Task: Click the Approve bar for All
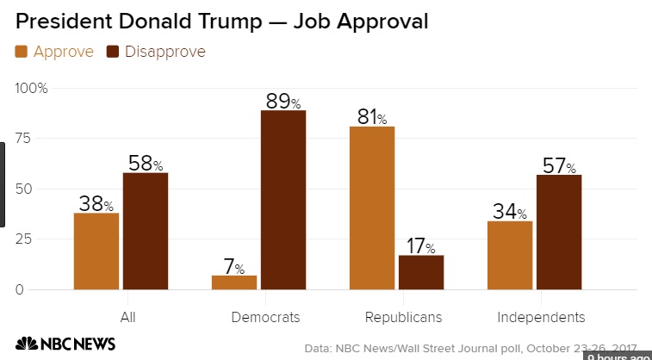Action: coord(96,251)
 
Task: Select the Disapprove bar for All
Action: coord(145,231)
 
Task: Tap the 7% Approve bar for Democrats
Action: coord(234,282)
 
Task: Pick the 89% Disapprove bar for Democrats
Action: coord(283,200)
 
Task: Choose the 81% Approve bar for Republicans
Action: coord(372,208)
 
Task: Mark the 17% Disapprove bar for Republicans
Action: coord(421,272)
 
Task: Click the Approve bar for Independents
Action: coord(510,255)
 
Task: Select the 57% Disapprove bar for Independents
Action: coord(559,232)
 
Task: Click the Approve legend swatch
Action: coord(22,52)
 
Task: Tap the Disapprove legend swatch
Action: coord(113,52)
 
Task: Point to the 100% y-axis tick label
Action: coord(32,89)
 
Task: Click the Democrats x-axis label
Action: coord(265,317)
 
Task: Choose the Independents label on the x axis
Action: coord(541,317)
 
